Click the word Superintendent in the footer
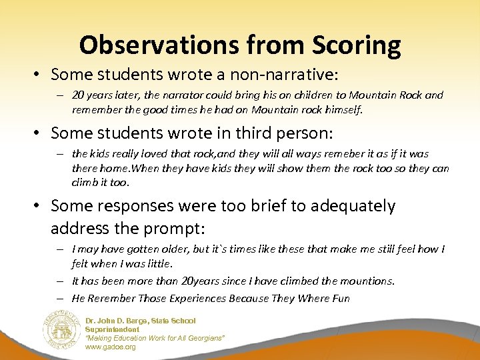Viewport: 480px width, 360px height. point(112,329)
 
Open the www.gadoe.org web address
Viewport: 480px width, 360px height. point(110,347)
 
